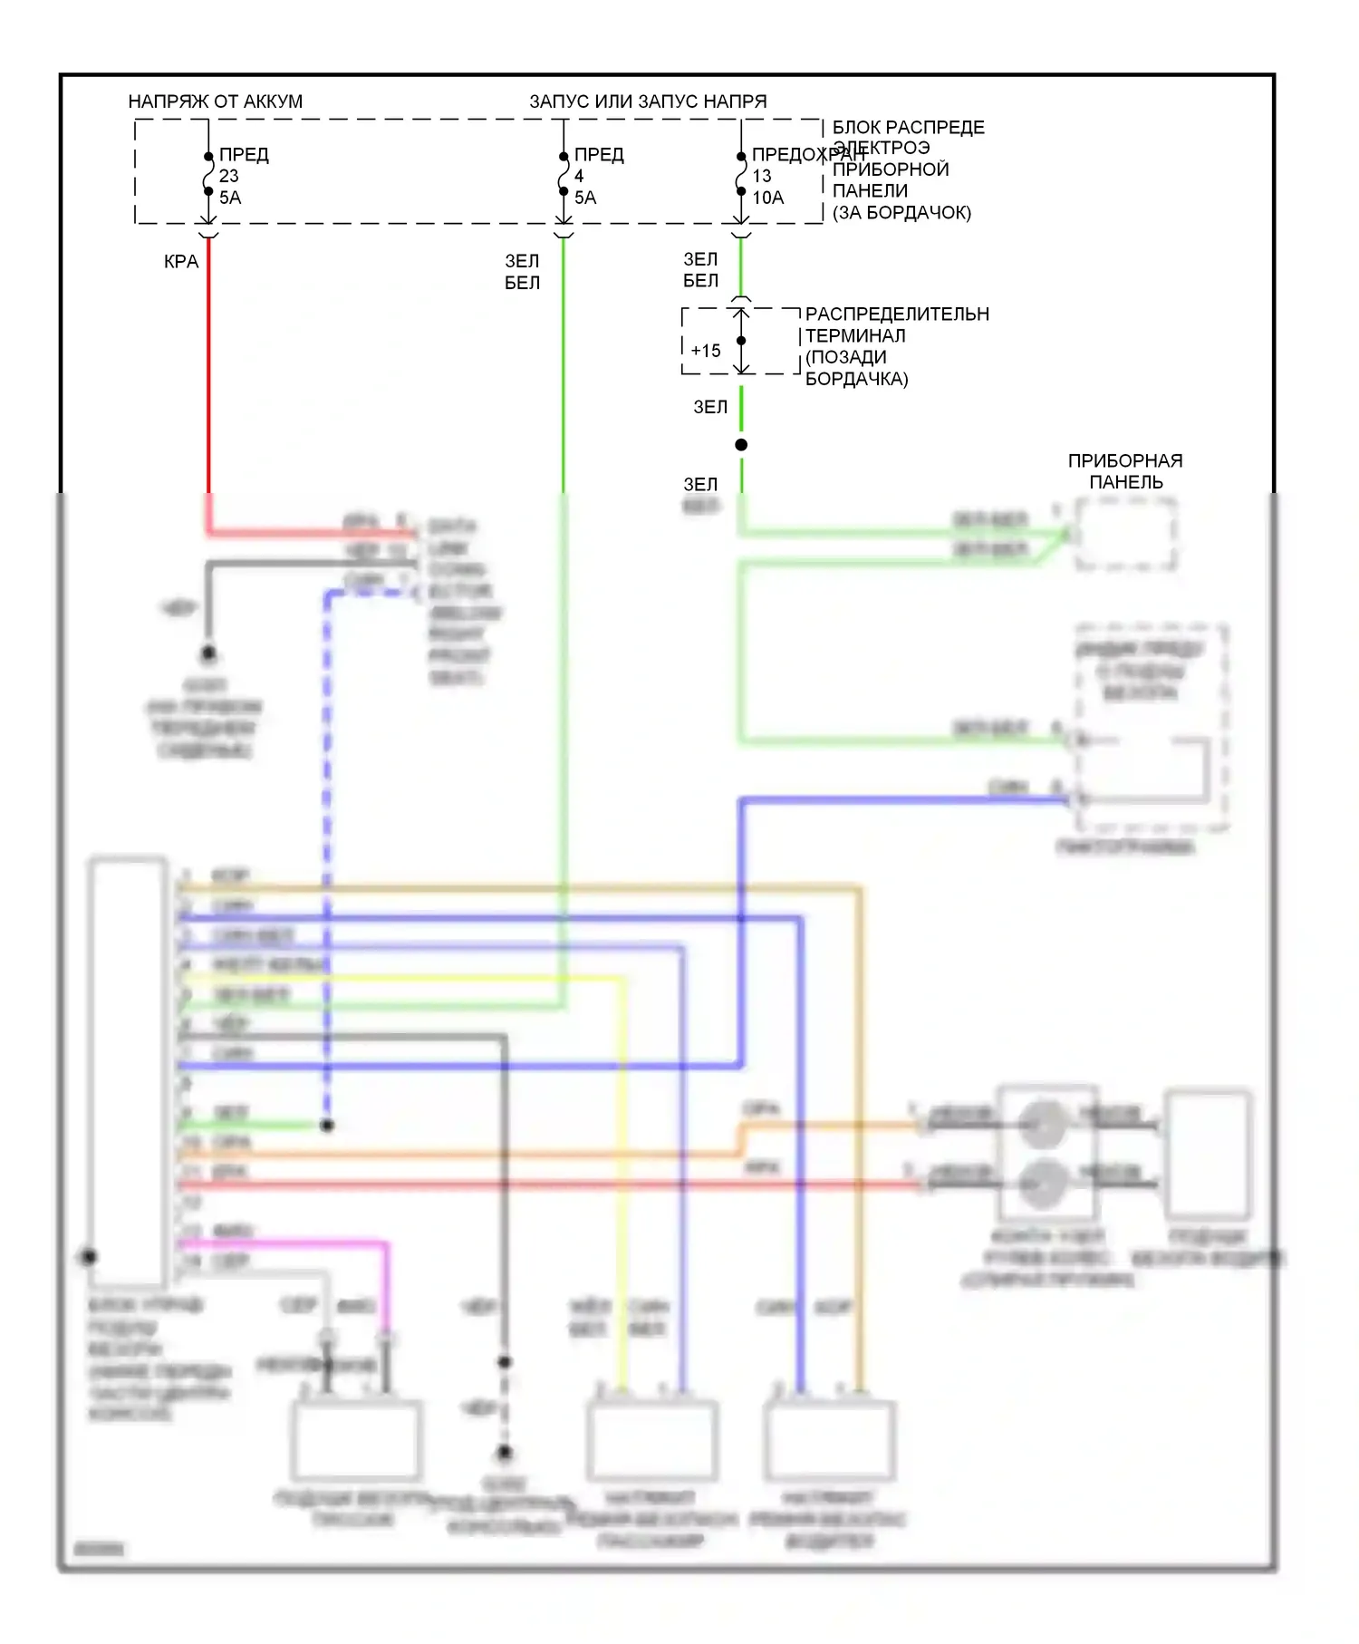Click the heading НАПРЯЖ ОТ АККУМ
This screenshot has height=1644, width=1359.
pos(215,102)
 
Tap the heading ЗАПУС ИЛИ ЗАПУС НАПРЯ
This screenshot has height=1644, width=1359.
pos(647,102)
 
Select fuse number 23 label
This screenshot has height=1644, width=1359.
pos(228,176)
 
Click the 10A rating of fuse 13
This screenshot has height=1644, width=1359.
pos(767,198)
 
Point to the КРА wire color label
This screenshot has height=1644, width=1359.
pos(180,262)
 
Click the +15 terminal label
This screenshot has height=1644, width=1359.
pos(705,351)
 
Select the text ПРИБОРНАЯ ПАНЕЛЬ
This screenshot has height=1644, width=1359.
pos(1124,471)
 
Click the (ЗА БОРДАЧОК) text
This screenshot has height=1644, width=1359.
pos(901,213)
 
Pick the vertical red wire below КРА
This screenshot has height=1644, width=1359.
pos(208,381)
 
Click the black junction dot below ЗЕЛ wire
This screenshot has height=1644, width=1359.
pos(741,444)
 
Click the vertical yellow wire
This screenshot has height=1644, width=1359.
pos(622,1178)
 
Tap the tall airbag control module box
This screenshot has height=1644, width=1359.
pos(128,1069)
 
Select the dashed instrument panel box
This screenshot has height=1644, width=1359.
pos(1126,535)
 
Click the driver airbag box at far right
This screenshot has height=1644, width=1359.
pos(1208,1156)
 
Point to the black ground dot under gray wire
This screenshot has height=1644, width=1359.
pos(208,653)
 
